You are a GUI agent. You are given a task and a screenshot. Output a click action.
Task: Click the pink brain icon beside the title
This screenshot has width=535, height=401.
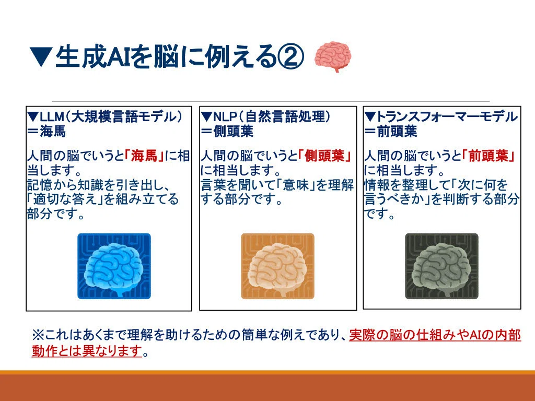(x=333, y=56)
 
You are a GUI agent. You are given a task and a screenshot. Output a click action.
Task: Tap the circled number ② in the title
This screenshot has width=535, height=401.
(x=290, y=57)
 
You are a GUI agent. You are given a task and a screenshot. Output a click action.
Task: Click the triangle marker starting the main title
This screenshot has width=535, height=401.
(x=41, y=56)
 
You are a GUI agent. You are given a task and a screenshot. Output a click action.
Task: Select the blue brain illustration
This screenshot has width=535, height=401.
(x=114, y=266)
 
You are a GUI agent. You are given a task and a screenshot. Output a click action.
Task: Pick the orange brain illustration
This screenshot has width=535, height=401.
(x=277, y=266)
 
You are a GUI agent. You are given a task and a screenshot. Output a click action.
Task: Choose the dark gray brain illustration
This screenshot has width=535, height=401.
(x=441, y=266)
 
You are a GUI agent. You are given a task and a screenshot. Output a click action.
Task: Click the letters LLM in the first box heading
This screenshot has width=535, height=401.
(x=52, y=117)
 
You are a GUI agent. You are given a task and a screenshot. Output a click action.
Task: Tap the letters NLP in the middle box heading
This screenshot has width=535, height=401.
(x=225, y=117)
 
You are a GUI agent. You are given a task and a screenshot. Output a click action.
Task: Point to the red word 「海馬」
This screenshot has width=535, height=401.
(x=144, y=156)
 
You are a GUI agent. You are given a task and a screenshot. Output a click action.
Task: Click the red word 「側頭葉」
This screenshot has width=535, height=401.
(x=324, y=156)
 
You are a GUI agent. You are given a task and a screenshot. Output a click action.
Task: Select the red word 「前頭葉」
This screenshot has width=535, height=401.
(x=488, y=156)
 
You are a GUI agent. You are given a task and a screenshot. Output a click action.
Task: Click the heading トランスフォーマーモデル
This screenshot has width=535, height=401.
(x=447, y=117)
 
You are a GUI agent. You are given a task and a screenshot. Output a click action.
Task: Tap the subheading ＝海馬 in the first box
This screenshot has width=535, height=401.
(x=46, y=131)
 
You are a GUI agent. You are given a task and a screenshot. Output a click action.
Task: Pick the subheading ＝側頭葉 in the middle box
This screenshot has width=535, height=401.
(x=227, y=131)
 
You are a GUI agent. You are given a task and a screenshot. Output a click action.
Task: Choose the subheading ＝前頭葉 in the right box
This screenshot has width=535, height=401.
(x=391, y=131)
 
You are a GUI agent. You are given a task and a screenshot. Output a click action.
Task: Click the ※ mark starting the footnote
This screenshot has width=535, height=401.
(x=38, y=335)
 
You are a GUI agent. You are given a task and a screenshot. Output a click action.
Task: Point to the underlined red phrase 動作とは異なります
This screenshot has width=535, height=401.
(x=87, y=350)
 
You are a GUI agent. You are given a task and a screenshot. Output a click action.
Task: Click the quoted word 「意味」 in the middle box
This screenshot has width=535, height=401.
(x=296, y=185)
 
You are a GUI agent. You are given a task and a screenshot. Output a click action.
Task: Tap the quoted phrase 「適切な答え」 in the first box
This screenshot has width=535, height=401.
(x=65, y=199)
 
